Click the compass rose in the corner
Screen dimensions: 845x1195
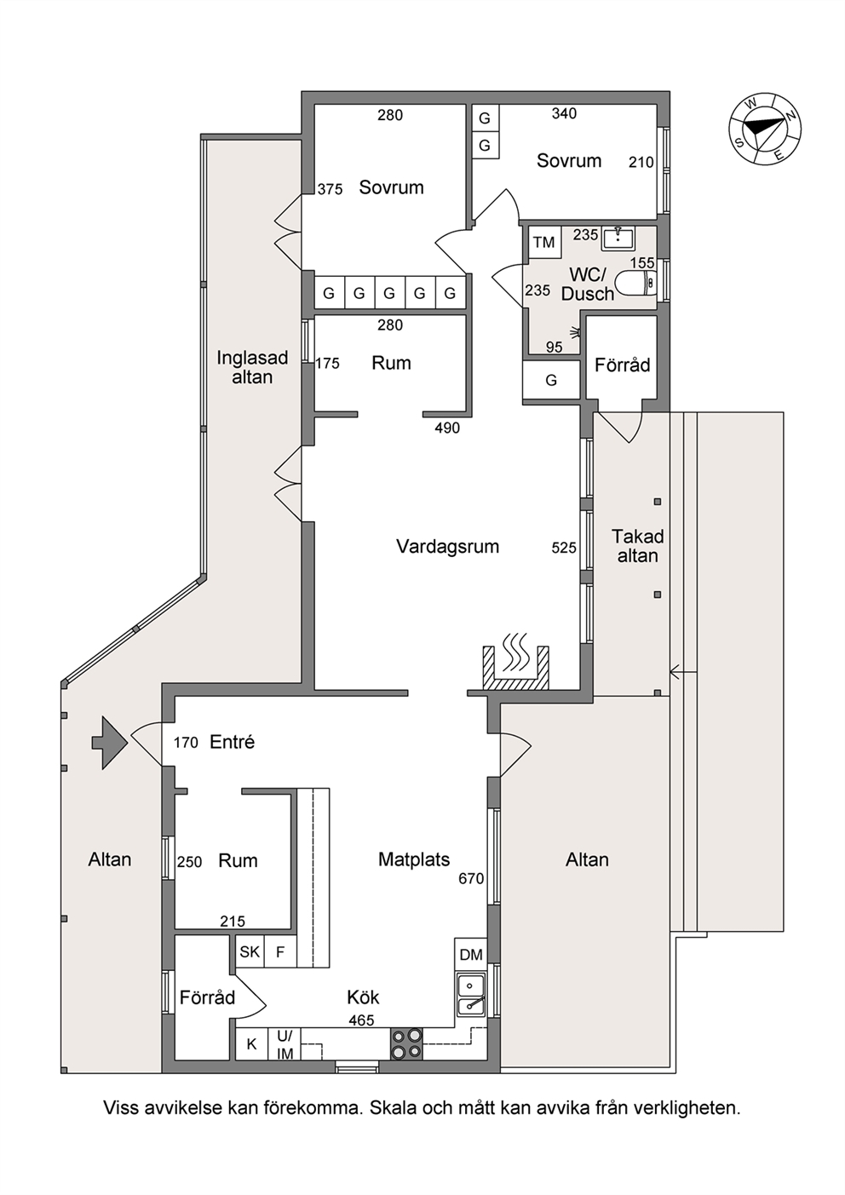click(x=766, y=129)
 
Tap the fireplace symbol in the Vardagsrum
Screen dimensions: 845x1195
click(x=515, y=664)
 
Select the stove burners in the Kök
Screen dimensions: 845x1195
click(x=406, y=1043)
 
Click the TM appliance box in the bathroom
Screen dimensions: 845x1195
click(x=544, y=243)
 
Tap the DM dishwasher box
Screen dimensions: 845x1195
click(x=470, y=955)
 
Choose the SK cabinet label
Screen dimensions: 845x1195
click(x=250, y=951)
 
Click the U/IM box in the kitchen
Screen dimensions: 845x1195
click(x=285, y=1044)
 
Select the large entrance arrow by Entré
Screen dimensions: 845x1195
click(x=109, y=743)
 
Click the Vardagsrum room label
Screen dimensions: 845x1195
click(x=447, y=546)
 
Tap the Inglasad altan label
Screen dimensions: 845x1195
click(x=252, y=367)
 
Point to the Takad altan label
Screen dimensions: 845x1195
click(x=637, y=546)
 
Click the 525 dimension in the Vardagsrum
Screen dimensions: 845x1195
click(x=565, y=548)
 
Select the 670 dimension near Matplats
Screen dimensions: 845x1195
click(x=471, y=878)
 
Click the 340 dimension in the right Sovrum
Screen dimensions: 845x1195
click(x=565, y=113)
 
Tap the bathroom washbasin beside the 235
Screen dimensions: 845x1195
click(x=618, y=238)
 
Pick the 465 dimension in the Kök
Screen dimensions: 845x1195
click(x=362, y=1020)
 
